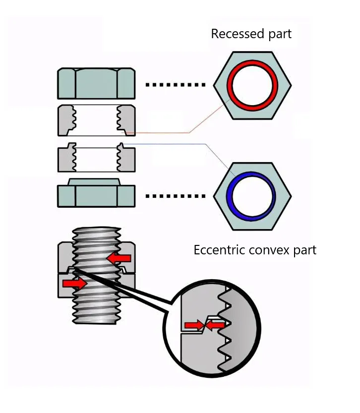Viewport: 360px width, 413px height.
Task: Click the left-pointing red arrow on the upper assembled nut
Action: [120, 258]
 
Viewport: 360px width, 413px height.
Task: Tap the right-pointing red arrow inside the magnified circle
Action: [193, 326]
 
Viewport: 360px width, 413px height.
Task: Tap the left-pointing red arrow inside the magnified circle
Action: [215, 326]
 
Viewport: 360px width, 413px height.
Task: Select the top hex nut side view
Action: [96, 83]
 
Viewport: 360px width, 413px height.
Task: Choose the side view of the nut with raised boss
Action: [96, 194]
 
